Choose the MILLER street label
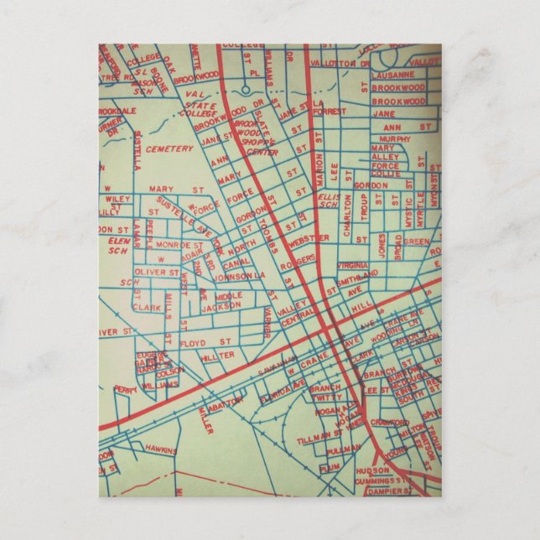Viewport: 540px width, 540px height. [x=206, y=422]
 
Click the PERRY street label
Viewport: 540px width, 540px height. [x=126, y=390]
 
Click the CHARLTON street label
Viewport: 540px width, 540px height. [x=346, y=220]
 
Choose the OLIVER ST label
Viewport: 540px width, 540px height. [x=157, y=272]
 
